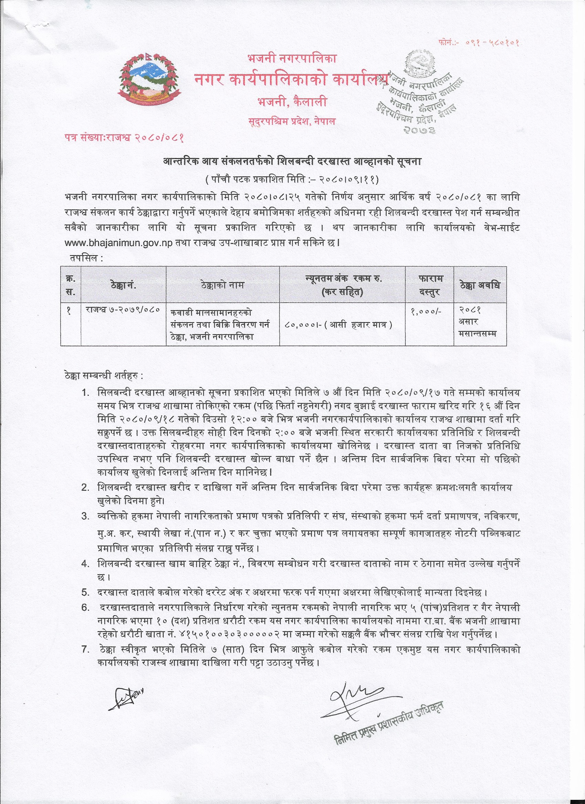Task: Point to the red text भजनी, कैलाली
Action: pyautogui.click(x=291, y=102)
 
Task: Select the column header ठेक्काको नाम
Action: pyautogui.click(x=222, y=285)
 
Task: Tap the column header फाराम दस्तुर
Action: pyautogui.click(x=429, y=285)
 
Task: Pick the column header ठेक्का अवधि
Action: pyautogui.click(x=480, y=285)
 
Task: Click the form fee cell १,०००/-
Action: pyautogui.click(x=426, y=311)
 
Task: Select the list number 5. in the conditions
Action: pyautogui.click(x=85, y=592)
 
